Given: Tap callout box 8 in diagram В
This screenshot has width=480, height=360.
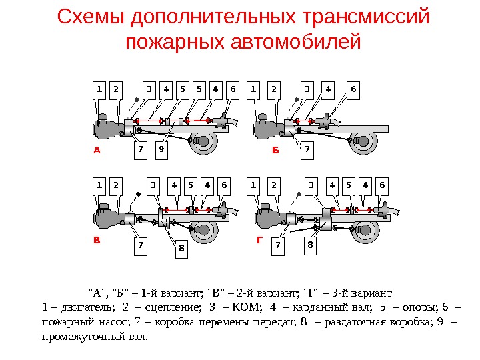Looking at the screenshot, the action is tap(181, 249).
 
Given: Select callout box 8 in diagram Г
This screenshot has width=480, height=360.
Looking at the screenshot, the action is tap(309, 245).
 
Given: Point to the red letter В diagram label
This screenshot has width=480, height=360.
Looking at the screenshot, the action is tap(96, 243).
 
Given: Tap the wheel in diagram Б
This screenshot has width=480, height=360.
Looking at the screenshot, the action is tap(364, 141).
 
